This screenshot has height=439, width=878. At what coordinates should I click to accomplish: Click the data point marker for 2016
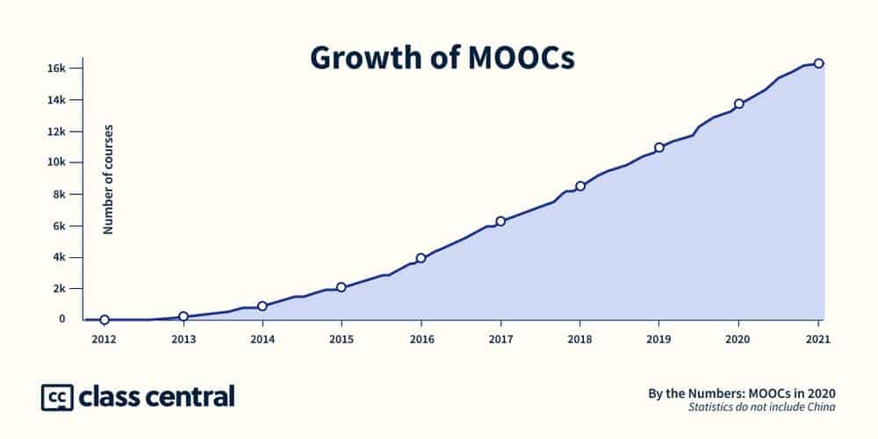421,258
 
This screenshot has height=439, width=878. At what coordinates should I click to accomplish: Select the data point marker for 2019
659,148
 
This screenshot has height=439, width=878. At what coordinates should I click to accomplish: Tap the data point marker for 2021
818,63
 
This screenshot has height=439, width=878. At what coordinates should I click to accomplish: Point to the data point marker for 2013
184,316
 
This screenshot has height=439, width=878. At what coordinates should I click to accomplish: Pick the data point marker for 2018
580,186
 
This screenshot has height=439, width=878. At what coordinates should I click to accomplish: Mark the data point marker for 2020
739,104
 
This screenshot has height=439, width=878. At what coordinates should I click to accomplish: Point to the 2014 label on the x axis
263,338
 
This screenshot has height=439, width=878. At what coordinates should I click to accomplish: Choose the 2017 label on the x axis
500,338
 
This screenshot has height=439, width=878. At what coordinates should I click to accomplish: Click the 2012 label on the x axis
104,338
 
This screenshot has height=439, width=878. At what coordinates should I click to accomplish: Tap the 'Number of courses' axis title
109,179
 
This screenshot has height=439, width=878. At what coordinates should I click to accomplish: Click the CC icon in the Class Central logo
56,397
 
